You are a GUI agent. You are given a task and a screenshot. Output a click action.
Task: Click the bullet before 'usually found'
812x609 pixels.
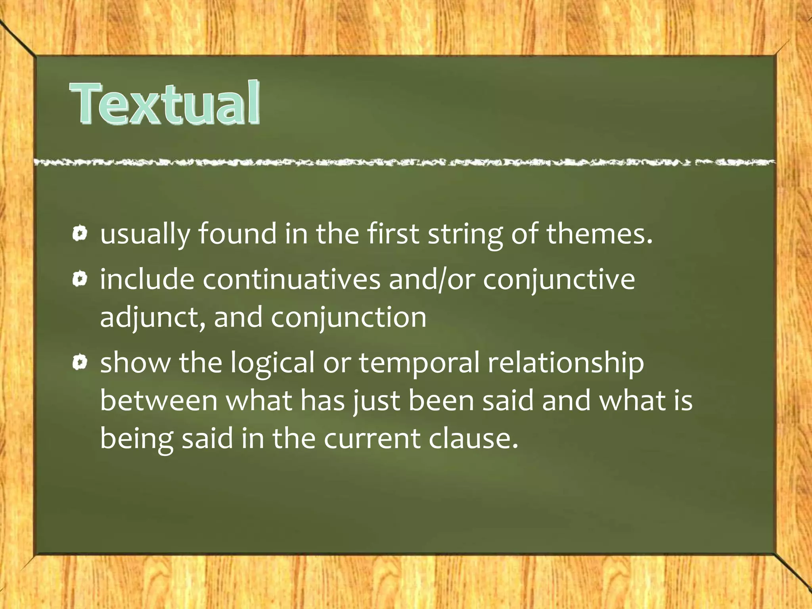click(80, 234)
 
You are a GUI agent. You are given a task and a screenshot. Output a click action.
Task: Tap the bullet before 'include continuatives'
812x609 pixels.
click(80, 280)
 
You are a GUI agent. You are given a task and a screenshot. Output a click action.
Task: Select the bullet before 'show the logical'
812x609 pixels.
click(80, 362)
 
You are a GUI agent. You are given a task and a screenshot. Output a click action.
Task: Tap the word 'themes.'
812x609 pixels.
click(599, 234)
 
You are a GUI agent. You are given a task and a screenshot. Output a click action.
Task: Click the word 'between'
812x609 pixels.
click(159, 400)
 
